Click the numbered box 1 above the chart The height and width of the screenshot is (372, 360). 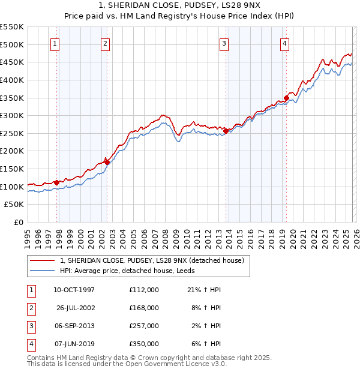[55, 43]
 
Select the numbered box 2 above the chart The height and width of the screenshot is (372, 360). [105, 43]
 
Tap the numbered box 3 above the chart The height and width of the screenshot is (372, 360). [224, 43]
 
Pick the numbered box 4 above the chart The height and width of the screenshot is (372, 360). [284, 43]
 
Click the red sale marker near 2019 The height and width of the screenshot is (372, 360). [287, 97]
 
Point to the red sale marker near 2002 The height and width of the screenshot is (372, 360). [107, 162]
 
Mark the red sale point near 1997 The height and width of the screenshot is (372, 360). [56, 182]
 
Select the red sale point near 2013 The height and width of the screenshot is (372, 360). [226, 130]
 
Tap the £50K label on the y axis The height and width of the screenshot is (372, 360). [14, 205]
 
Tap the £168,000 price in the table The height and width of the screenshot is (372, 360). [144, 308]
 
